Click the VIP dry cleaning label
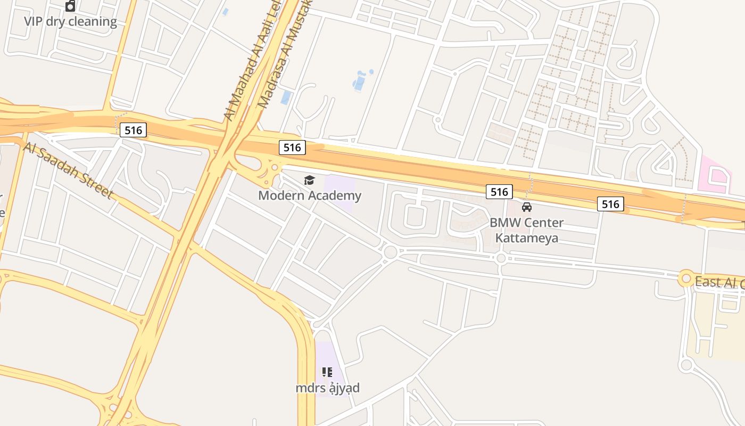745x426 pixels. [x=70, y=22]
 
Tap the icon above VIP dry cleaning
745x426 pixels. [x=70, y=6]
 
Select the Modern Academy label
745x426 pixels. [x=310, y=195]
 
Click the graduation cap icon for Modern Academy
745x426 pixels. [x=309, y=181]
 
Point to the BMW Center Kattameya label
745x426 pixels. [x=526, y=230]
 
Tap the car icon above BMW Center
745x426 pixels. [x=527, y=207]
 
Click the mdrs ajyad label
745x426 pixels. [x=327, y=388]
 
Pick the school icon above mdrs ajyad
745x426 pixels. [x=327, y=372]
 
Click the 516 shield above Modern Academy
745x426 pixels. [x=292, y=148]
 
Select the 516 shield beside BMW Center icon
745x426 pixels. [x=499, y=192]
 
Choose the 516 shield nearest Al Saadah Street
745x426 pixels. [x=133, y=129]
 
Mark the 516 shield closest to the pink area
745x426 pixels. [x=610, y=203]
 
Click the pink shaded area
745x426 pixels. [x=714, y=173]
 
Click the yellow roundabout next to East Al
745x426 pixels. [x=686, y=278]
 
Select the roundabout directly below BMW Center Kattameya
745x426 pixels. [x=501, y=258]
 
